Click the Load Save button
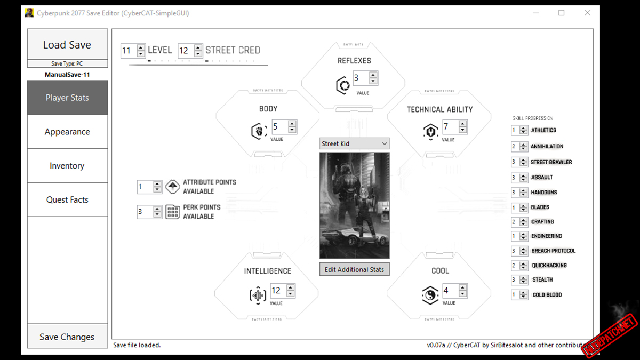tap(67, 45)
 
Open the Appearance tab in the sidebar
tap(67, 132)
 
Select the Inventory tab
tap(67, 166)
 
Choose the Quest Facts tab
tap(67, 200)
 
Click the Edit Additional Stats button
tap(354, 269)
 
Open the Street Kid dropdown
tap(354, 143)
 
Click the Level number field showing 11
tap(128, 51)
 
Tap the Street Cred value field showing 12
tap(185, 51)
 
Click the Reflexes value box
tap(361, 78)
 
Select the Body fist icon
tap(259, 130)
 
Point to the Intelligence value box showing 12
tap(278, 291)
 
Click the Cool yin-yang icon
tap(430, 295)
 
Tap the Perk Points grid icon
tap(172, 212)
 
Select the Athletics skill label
tap(543, 130)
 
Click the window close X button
tap(587, 13)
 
